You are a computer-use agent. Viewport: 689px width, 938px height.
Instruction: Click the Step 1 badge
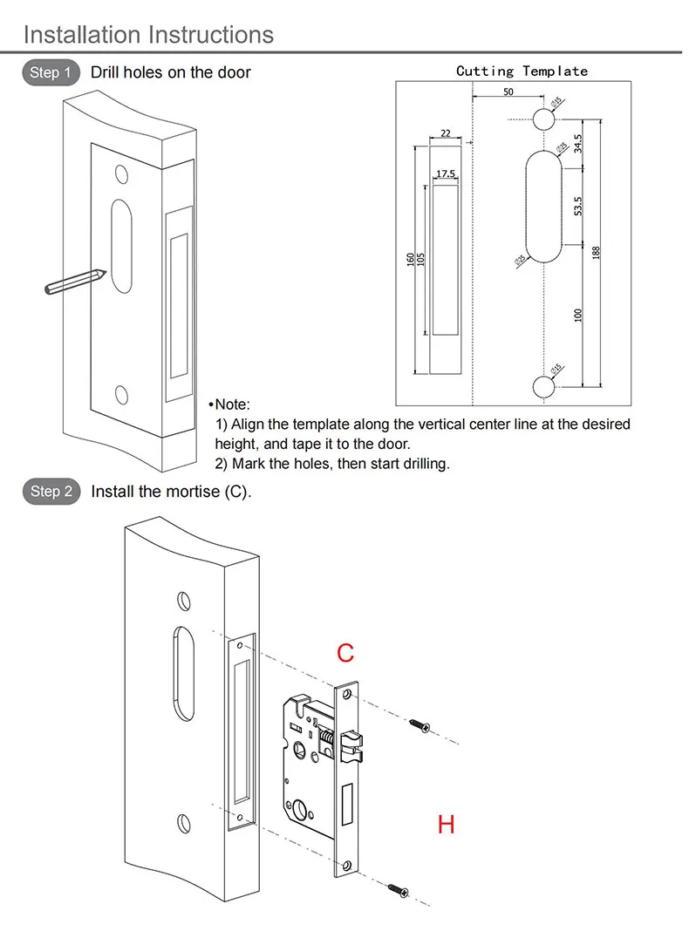click(x=50, y=72)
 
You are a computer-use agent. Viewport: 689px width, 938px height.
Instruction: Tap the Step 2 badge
click(x=51, y=492)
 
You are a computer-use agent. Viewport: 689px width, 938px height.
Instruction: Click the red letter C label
click(x=345, y=653)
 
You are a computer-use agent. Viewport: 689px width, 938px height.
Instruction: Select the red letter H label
click(x=446, y=824)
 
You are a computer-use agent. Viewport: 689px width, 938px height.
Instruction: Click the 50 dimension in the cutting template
click(x=508, y=92)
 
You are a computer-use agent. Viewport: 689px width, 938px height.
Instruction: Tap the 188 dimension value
click(x=597, y=252)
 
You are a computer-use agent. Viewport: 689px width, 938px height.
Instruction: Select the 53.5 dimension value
click(x=578, y=207)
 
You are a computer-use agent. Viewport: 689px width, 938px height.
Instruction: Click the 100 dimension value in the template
click(x=578, y=315)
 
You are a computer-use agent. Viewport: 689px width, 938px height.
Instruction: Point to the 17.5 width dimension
click(x=446, y=174)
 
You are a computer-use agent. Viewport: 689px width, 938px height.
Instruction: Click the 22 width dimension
click(x=446, y=133)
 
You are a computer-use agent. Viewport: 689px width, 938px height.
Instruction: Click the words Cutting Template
click(x=522, y=71)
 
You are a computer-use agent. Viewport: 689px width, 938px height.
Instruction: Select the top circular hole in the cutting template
click(x=544, y=119)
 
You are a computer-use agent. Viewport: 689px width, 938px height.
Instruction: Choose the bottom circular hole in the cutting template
click(x=544, y=384)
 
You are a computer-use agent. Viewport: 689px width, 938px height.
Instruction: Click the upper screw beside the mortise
click(x=419, y=724)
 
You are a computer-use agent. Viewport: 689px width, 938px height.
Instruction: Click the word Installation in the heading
click(x=83, y=35)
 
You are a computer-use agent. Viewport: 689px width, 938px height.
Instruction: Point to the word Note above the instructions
click(x=232, y=404)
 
